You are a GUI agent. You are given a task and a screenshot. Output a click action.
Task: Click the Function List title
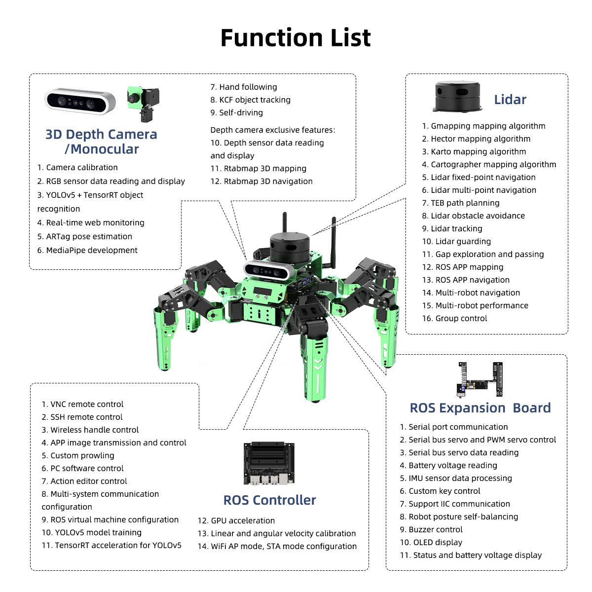[x=296, y=38]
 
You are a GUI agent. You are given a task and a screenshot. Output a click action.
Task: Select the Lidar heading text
[x=510, y=100]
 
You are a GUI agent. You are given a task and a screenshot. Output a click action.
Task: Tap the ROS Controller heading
[x=269, y=500]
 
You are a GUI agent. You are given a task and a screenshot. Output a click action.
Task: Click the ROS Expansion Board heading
[x=480, y=408]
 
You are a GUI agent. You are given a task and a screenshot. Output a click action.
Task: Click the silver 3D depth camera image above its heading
[x=80, y=101]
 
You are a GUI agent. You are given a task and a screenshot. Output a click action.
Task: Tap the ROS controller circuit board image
[x=269, y=463]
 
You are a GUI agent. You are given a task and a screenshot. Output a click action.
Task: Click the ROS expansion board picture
[x=480, y=379]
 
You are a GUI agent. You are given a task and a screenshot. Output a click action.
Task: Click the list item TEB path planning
[x=460, y=203]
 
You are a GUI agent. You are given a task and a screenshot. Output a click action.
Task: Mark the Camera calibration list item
[x=77, y=168]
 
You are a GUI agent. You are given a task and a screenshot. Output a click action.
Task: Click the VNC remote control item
[x=82, y=405]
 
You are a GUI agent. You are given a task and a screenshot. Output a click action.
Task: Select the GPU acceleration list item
[x=236, y=521]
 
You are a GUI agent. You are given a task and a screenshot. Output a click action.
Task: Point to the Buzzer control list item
[x=431, y=530]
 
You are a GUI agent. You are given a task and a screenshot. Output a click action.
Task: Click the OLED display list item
[x=431, y=543]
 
